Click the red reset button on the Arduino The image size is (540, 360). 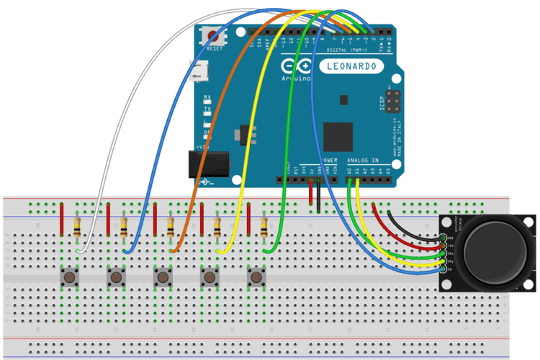point(212,36)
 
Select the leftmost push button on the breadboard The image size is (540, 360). point(70,276)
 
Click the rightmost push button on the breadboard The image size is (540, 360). point(256,276)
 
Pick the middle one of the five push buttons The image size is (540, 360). point(163,276)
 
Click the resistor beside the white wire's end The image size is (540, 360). point(78,227)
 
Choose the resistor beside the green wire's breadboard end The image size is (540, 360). point(264,227)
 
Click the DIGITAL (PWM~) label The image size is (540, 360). point(348,50)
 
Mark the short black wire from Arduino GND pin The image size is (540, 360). point(318,196)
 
